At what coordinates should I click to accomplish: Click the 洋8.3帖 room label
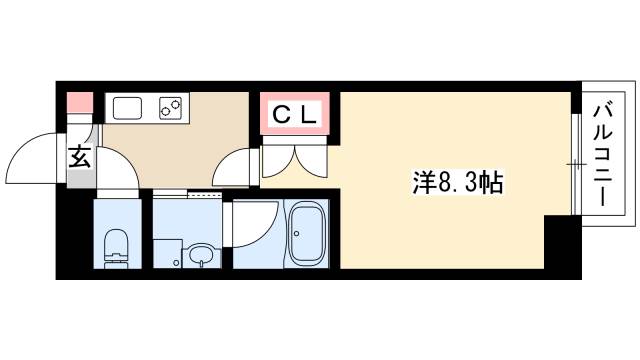point(458,184)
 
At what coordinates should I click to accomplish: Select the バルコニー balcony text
point(606,153)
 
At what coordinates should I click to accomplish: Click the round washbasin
point(200,254)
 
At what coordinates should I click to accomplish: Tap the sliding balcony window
point(577,160)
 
